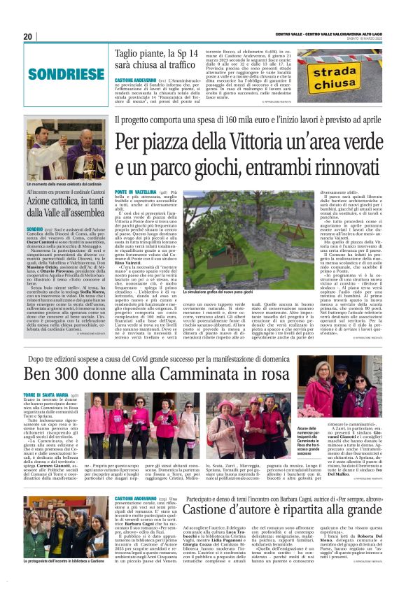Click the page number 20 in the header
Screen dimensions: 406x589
[x=28, y=36]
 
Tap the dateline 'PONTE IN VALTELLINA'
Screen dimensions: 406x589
[x=134, y=190]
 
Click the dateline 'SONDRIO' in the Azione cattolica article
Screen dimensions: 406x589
[x=34, y=228]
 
